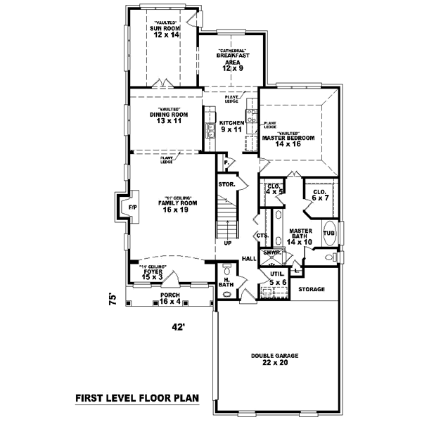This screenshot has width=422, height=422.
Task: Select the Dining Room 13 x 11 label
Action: tap(170, 117)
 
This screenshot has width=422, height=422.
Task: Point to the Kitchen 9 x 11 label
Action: tap(231, 126)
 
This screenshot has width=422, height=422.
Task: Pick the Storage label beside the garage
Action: tap(310, 289)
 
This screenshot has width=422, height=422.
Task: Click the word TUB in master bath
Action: tap(328, 233)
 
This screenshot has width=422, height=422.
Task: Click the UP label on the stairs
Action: tap(227, 243)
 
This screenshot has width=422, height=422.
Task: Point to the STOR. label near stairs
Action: tap(226, 184)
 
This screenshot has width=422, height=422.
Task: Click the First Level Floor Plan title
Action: tap(137, 398)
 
